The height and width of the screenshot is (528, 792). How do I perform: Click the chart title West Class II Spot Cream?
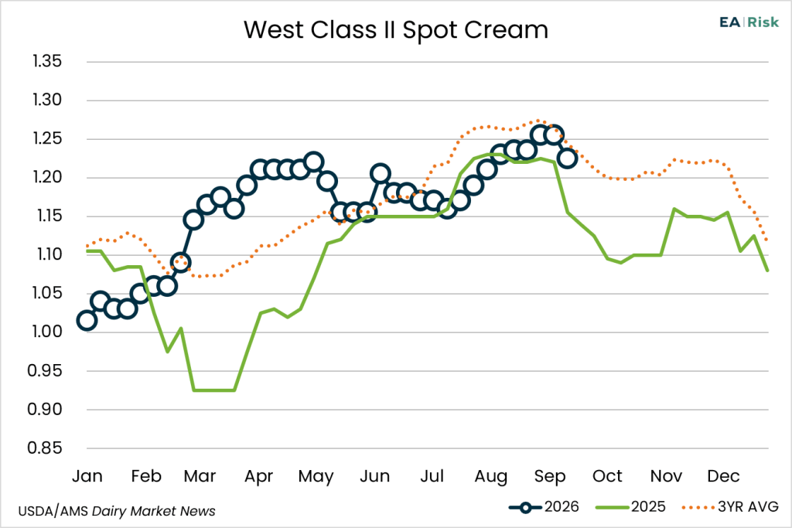click(x=396, y=30)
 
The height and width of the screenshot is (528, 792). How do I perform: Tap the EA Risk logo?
click(x=749, y=22)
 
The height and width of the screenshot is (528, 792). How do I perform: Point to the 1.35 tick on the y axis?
click(x=47, y=62)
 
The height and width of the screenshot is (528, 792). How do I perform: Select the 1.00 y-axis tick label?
click(x=47, y=332)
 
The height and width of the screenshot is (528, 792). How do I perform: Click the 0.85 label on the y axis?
click(x=45, y=448)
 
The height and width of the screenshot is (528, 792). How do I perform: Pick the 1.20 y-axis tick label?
click(x=47, y=177)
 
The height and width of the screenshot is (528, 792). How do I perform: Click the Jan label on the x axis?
click(x=87, y=476)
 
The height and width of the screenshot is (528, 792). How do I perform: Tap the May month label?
click(x=316, y=476)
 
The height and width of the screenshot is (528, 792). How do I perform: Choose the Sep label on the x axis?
click(x=550, y=476)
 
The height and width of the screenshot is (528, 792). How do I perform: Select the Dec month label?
click(x=723, y=476)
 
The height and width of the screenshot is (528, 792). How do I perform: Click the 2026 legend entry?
click(x=544, y=507)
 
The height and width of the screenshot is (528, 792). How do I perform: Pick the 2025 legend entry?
click(x=631, y=507)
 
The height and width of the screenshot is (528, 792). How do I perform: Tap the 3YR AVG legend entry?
click(x=730, y=507)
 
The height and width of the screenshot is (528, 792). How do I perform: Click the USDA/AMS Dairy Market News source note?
click(x=117, y=511)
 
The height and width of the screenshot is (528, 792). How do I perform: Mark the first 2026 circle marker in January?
click(x=87, y=321)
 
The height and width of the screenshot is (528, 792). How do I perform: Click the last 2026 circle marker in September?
click(x=567, y=158)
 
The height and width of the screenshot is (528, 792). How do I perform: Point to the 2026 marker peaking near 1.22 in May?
click(x=314, y=162)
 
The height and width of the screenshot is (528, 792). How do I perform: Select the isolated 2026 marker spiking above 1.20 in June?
click(x=380, y=174)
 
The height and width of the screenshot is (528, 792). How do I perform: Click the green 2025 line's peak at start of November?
click(x=674, y=209)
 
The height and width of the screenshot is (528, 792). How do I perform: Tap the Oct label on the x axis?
click(x=607, y=476)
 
